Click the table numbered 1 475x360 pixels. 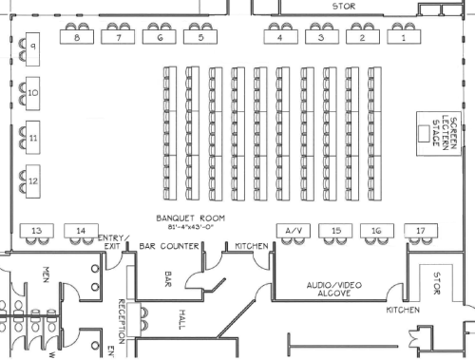coord(402,39)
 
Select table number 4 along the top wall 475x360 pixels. coord(279,39)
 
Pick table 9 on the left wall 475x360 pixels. coord(32,47)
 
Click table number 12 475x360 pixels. coord(32,180)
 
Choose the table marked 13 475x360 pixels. coord(36,231)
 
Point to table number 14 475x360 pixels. coord(81,231)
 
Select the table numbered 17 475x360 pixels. coord(419,231)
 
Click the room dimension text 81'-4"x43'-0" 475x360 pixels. coord(187,226)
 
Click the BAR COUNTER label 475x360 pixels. coord(169,247)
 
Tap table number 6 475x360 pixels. coord(160,39)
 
